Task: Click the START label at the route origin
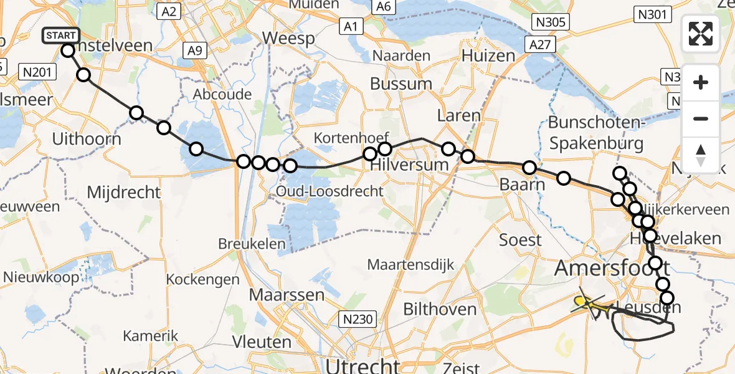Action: coord(61,36)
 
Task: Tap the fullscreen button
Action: coord(701,34)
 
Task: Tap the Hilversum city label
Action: coord(409,165)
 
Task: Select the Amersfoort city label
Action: coord(612,269)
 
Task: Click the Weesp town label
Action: coord(288,38)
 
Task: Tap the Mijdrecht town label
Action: coord(124,192)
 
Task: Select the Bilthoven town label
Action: coord(440,309)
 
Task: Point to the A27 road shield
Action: coord(538,44)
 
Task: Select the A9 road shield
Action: coord(194,51)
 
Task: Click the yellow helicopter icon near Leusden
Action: coord(586,303)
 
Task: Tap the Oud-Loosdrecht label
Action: coord(330,191)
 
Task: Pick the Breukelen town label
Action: coord(252,243)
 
